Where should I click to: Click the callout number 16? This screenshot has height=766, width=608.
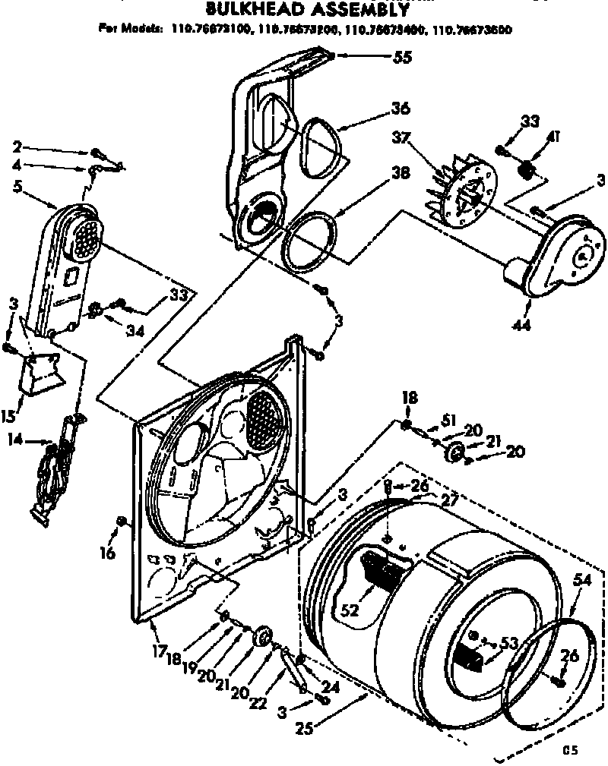[108, 553]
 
